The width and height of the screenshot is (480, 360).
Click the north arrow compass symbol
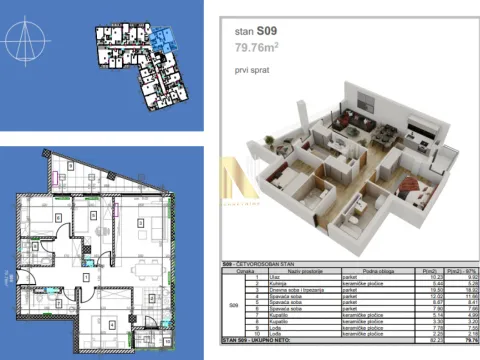tap(29, 45)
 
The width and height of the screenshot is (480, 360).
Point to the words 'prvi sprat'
tap(247, 70)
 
